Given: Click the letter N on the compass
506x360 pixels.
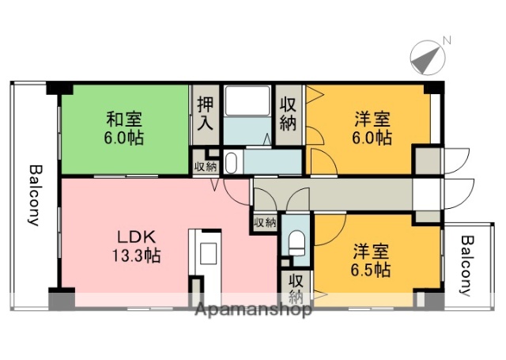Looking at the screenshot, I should tap(447, 40).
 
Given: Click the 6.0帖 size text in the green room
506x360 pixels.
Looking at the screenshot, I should tap(125, 137).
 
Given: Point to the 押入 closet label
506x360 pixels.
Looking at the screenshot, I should tap(205, 115).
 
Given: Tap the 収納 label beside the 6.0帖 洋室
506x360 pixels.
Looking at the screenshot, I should tap(289, 115).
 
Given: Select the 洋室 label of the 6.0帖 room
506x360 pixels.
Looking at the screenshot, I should tap(372, 120).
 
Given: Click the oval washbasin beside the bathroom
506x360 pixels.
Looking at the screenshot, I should tap(231, 163).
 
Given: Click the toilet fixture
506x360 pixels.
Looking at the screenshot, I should tap(296, 243).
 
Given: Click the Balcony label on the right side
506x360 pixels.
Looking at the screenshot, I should tap(467, 265).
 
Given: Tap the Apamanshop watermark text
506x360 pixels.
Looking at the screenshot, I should tap(253, 309).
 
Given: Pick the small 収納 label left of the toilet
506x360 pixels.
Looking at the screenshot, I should tap(265, 223).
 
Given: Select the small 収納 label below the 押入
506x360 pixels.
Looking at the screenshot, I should tap(206, 166).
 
